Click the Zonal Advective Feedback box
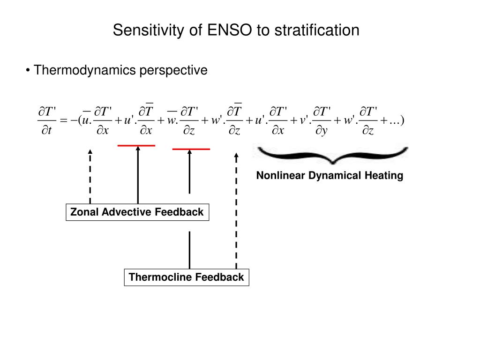(x=137, y=212)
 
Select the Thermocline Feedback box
(x=186, y=277)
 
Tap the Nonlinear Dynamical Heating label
(x=330, y=176)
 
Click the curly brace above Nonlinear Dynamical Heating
(x=332, y=155)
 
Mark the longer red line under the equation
(x=136, y=146)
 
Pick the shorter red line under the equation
(x=191, y=149)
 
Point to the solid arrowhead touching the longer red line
(x=138, y=149)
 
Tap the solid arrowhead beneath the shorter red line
(x=189, y=152)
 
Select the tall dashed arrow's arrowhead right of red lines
(x=236, y=155)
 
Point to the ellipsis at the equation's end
(x=394, y=121)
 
